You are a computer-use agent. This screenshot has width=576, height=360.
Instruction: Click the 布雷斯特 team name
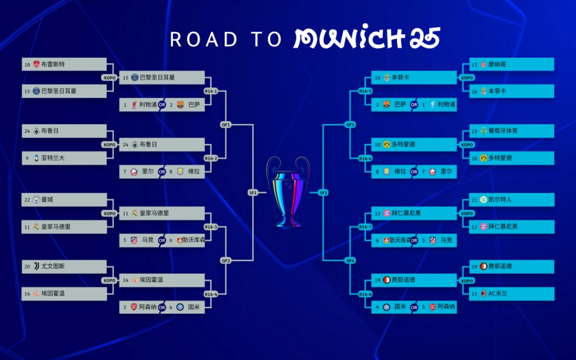point(53,65)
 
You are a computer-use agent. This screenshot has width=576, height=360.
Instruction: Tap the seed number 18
point(27,65)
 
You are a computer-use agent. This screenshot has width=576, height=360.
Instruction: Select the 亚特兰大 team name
point(53,158)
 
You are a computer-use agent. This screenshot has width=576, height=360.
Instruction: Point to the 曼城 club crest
point(36,199)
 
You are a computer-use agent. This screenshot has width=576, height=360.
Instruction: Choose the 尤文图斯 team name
point(53,266)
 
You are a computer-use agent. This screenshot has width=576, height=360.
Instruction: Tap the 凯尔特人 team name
point(500,199)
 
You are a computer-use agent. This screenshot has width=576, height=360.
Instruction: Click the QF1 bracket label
point(226,125)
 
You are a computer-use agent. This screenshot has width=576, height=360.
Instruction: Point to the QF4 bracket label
point(350,260)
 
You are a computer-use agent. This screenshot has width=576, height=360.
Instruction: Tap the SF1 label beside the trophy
point(253,193)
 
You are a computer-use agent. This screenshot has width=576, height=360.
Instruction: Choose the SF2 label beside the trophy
point(323,193)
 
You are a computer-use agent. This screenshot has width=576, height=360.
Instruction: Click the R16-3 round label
point(211,227)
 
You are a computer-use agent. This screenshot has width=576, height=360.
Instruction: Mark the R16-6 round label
point(365,158)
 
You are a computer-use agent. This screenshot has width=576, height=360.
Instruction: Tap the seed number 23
point(475,131)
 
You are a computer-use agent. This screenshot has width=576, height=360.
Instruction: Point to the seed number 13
point(475,293)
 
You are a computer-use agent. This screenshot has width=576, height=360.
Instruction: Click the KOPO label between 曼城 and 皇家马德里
point(110,213)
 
